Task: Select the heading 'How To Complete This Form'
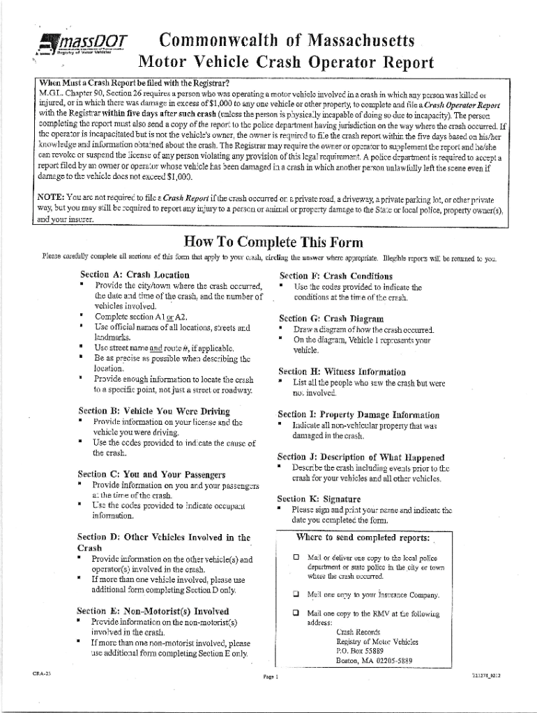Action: (x=273, y=243)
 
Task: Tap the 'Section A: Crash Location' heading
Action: (x=135, y=274)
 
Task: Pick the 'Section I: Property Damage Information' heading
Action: (x=358, y=414)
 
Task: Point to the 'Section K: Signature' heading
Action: (x=319, y=499)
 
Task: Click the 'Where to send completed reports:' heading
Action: (x=363, y=538)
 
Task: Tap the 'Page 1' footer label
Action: (x=271, y=676)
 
